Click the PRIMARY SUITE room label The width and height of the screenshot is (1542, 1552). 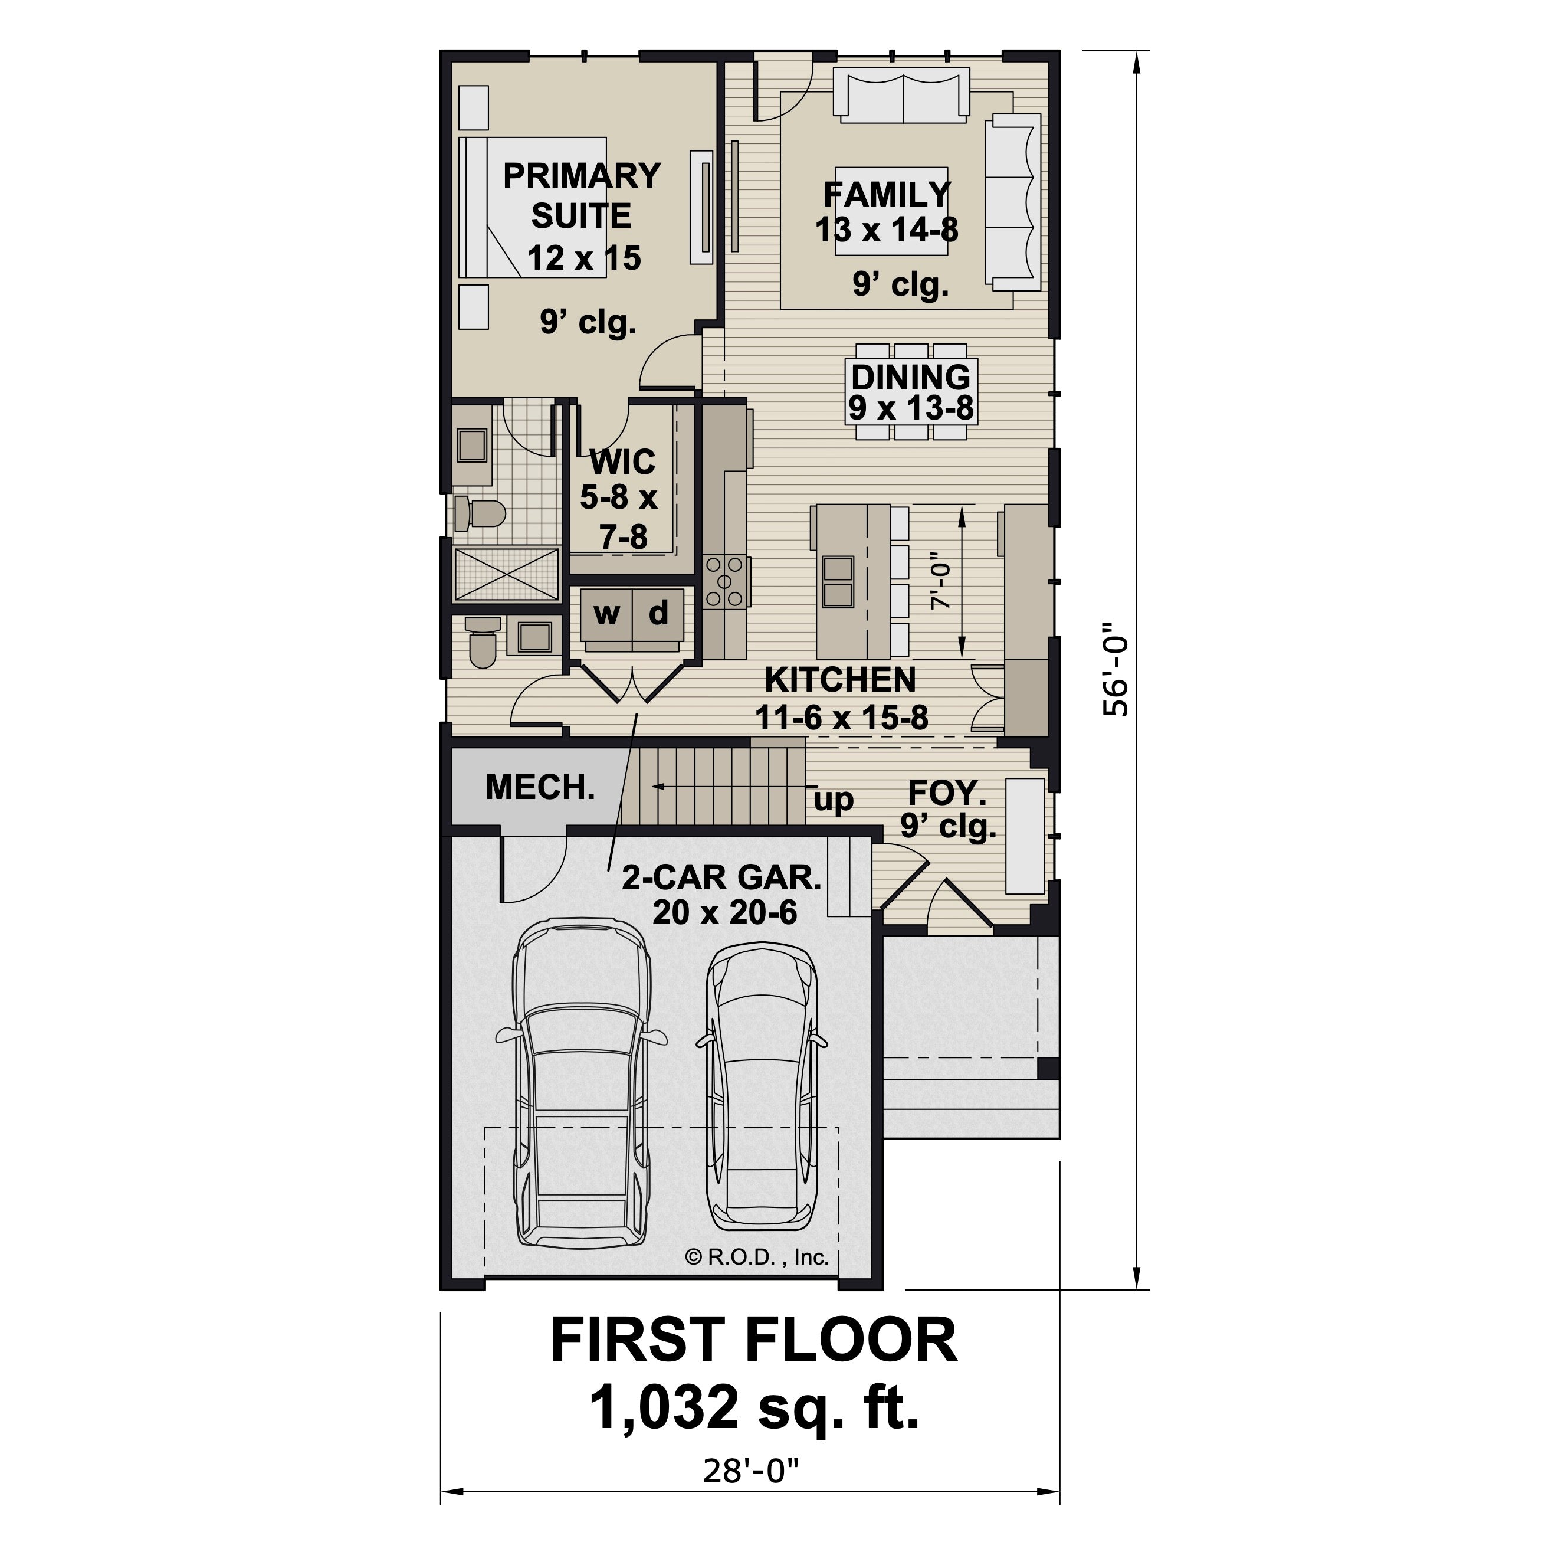coord(582,195)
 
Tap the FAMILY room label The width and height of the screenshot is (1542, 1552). coord(887,194)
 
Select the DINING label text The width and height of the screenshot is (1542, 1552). coord(911,376)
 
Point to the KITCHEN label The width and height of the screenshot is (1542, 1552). coord(840,680)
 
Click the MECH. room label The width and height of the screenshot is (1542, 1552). coord(540,788)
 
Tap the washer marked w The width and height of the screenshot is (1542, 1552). coord(606,614)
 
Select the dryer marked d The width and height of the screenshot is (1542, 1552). coord(658,614)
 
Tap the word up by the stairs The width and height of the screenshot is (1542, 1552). coord(834,800)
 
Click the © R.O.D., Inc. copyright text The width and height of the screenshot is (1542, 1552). coord(756,1257)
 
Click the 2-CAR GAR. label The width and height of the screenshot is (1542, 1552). coord(722,878)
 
